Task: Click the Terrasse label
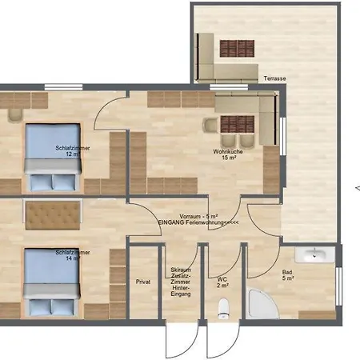[274, 78]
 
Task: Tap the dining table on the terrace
[236, 48]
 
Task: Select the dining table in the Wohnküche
[236, 125]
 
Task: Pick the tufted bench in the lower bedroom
[52, 214]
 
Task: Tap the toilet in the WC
[223, 308]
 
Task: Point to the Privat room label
[143, 282]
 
